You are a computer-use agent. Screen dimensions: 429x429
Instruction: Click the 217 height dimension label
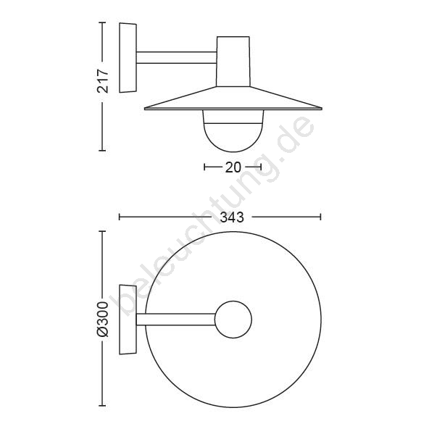point(103,81)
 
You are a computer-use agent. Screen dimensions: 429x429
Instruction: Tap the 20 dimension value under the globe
point(233,167)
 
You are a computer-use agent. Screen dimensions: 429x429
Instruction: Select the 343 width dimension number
point(232,217)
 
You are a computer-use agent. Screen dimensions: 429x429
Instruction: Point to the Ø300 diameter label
point(103,319)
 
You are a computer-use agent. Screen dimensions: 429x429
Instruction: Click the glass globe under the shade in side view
point(233,130)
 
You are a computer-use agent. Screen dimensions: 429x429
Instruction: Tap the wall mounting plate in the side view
point(128,58)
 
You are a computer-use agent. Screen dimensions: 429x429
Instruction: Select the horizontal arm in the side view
point(177,57)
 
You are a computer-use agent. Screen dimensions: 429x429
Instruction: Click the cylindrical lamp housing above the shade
point(233,62)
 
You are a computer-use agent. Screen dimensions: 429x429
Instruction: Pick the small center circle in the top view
point(233,320)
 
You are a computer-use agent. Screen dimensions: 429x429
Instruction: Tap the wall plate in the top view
point(128,320)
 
